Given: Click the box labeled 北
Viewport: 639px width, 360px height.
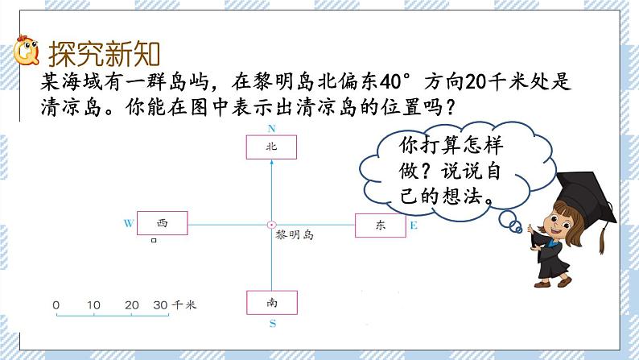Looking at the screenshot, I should tap(271, 147).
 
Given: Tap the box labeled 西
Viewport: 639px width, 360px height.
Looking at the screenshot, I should tap(162, 223).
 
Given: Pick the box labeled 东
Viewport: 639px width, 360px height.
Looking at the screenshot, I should tap(381, 226).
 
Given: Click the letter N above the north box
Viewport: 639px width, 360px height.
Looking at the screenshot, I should tap(271, 129).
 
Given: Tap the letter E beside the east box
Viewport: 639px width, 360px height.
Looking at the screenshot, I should tap(414, 226).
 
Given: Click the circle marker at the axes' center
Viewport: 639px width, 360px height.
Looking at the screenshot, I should tap(271, 225).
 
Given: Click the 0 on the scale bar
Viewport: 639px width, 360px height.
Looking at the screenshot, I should tap(56, 305).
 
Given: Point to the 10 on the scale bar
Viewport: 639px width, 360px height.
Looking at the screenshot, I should tap(93, 305).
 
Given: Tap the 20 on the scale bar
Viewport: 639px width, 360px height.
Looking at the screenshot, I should tap(132, 305).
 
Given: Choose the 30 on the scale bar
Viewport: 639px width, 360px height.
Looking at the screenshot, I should tap(160, 305).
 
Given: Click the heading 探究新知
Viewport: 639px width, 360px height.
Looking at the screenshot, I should tap(105, 54).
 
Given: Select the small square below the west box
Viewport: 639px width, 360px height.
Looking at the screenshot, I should tap(154, 240).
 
